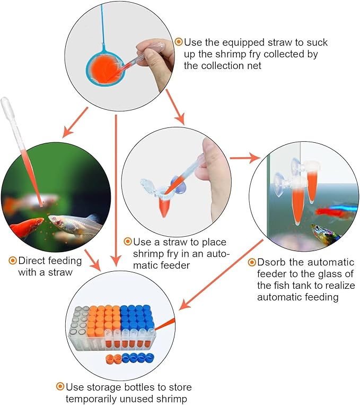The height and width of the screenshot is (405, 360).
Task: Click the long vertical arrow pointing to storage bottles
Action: click(x=117, y=191)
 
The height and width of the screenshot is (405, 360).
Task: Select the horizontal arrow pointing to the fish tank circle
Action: click(x=244, y=158)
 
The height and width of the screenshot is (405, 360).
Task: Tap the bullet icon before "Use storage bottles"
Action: click(x=60, y=386)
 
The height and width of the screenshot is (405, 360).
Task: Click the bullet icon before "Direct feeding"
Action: click(x=13, y=260)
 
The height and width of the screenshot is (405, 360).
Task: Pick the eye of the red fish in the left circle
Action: click(x=39, y=221)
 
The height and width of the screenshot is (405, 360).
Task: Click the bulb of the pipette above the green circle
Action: click(x=6, y=106)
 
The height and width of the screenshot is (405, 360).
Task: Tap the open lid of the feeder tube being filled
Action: click(x=147, y=185)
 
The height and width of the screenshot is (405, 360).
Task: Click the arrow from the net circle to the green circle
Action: click(x=75, y=123)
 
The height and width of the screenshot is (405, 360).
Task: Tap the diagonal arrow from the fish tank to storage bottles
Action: click(x=221, y=274)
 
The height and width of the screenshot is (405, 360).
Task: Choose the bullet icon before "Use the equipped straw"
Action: click(x=179, y=41)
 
